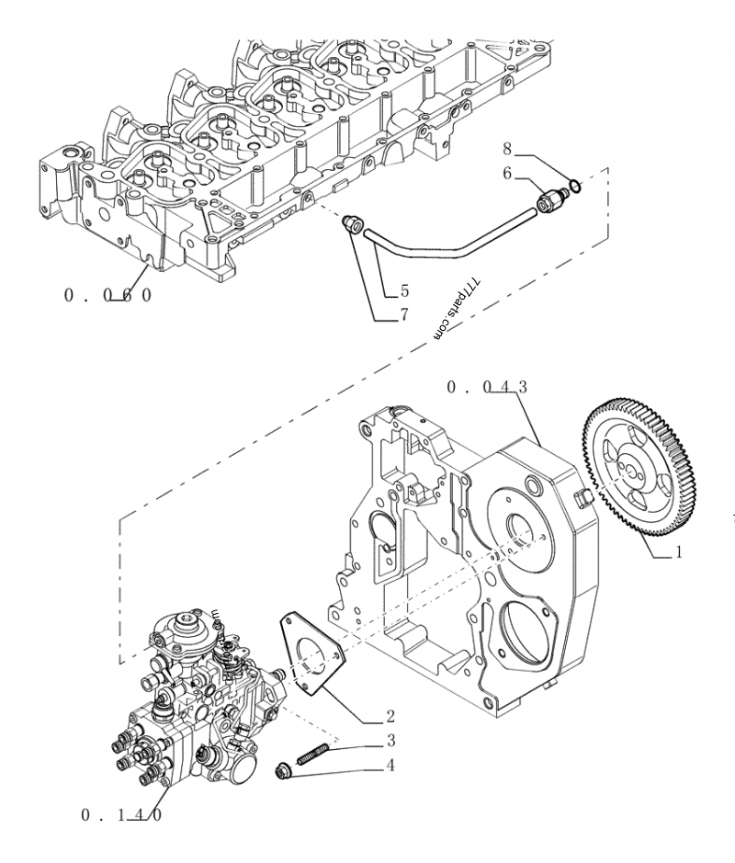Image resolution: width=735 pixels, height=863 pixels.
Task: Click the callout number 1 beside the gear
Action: tap(678, 553)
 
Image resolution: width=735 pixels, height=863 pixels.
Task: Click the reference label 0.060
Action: tap(107, 295)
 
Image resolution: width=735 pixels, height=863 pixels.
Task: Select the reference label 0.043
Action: tap(487, 388)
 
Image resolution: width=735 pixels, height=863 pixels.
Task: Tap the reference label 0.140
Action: tap(123, 814)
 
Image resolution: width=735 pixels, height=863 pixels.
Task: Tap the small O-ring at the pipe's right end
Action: tap(575, 187)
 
